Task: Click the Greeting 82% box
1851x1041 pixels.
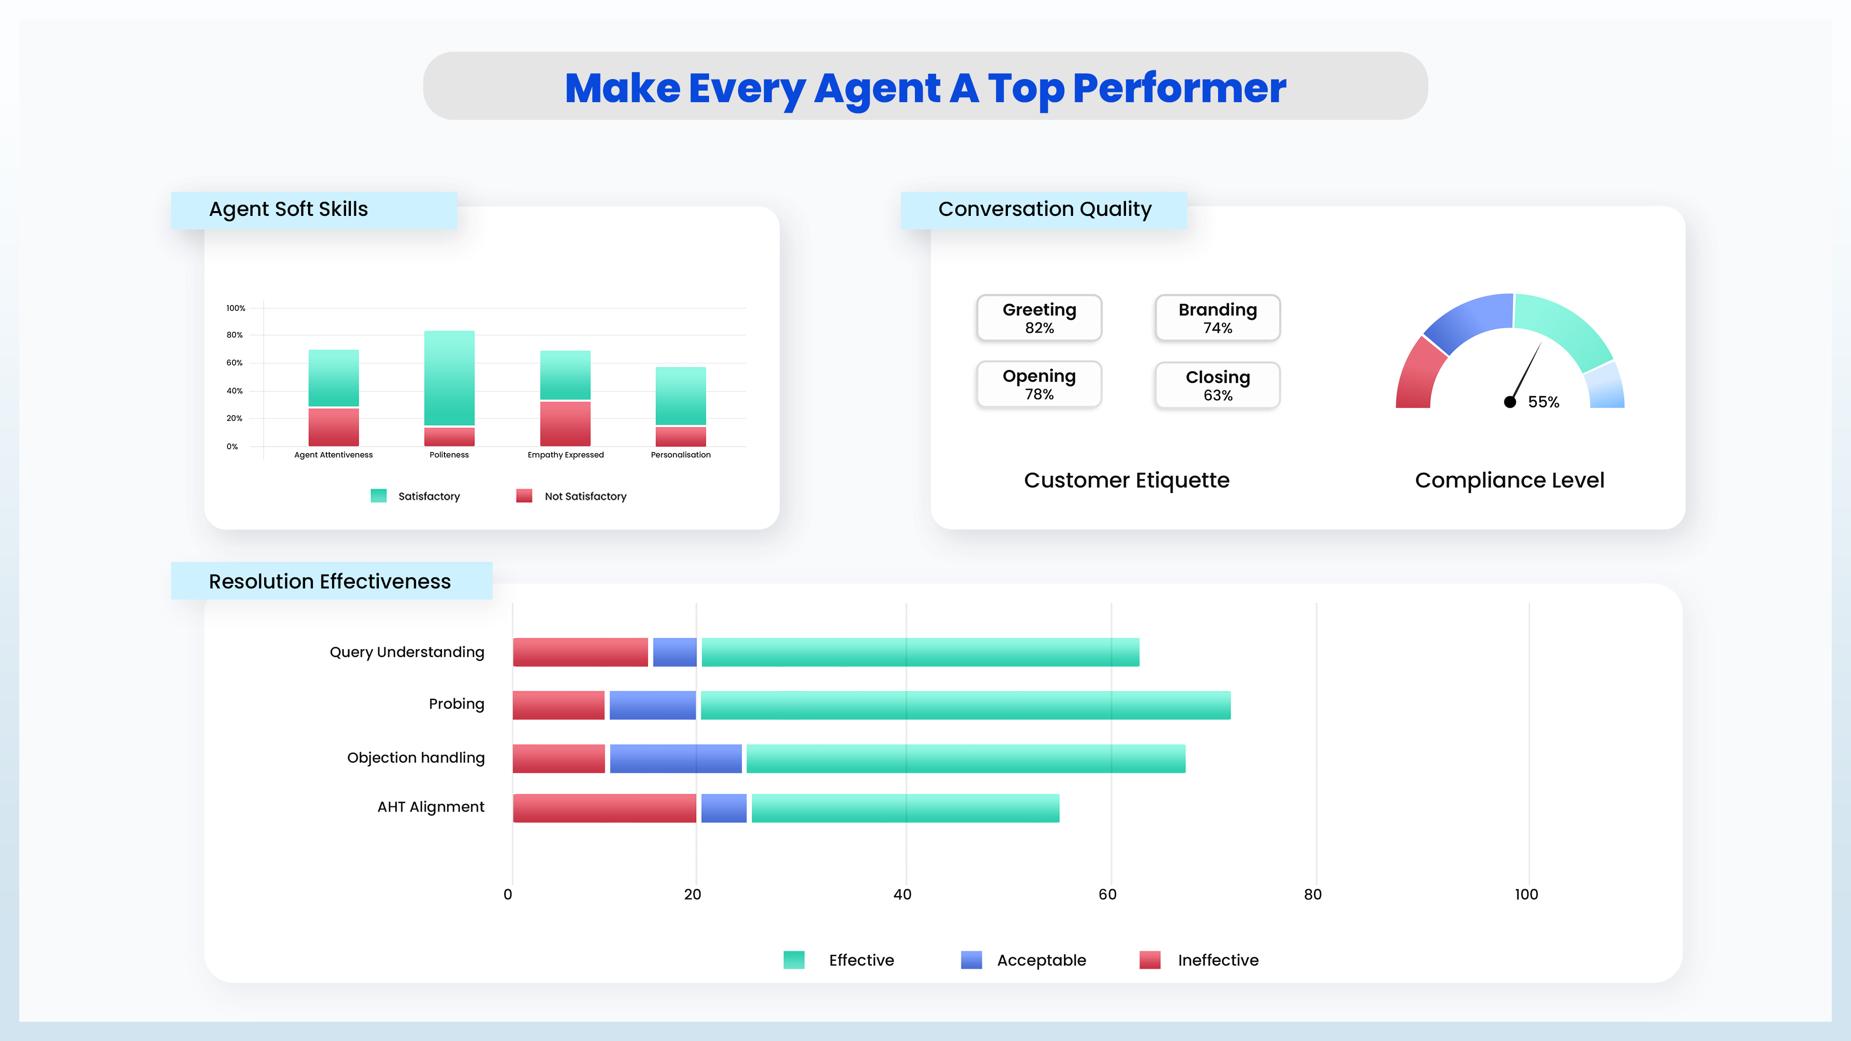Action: (x=1039, y=318)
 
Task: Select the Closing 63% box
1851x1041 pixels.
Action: (x=1217, y=386)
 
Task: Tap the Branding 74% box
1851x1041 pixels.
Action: (x=1217, y=318)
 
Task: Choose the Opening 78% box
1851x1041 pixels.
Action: (x=1039, y=385)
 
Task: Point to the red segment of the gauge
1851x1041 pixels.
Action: (x=1417, y=377)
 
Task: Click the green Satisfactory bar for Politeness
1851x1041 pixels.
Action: (x=449, y=378)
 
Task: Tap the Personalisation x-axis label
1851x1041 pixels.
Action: (x=681, y=455)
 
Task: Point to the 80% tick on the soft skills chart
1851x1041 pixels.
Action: (x=234, y=335)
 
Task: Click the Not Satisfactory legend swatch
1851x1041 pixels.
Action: (x=524, y=496)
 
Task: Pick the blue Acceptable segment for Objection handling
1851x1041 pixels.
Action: (x=675, y=759)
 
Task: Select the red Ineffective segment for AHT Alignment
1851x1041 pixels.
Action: (x=604, y=808)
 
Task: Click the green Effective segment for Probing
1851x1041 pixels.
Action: (x=965, y=705)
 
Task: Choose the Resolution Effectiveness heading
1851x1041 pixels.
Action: (x=330, y=581)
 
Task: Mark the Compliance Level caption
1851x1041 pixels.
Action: (x=1509, y=480)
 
